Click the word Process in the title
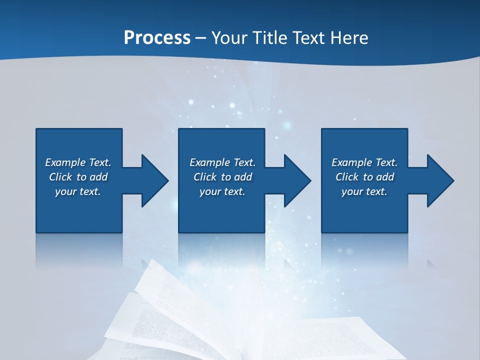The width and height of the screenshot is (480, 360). pyautogui.click(x=157, y=38)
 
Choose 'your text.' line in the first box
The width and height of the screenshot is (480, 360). pyautogui.click(x=78, y=191)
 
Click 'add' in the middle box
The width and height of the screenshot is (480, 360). pyautogui.click(x=243, y=177)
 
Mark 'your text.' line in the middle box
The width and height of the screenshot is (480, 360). pyautogui.click(x=222, y=191)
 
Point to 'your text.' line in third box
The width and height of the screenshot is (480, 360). pyautogui.click(x=364, y=191)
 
